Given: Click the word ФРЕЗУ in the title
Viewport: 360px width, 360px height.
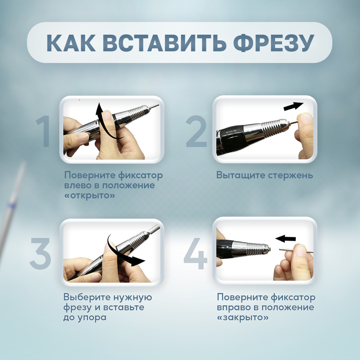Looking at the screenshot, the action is tap(273, 43).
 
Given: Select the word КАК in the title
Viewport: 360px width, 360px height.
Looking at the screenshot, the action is tap(71, 43).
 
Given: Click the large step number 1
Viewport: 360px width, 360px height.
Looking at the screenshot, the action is tap(44, 131).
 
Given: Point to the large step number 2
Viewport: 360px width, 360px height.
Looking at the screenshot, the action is tap(196, 131).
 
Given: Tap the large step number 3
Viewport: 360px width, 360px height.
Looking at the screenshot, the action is tap(40, 253).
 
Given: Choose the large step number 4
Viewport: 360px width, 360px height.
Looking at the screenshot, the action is tap(196, 253).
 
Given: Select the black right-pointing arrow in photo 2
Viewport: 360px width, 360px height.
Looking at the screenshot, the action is tap(293, 106).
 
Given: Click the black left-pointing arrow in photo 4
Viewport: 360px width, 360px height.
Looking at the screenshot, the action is tap(285, 239).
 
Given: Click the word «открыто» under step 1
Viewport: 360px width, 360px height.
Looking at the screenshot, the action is tap(90, 195).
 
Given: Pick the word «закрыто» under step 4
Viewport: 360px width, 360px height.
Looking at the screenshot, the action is tap(242, 317).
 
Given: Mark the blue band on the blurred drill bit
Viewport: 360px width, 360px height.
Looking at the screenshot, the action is tap(11, 206).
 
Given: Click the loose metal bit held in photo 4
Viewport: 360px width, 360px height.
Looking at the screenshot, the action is tap(296, 250).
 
